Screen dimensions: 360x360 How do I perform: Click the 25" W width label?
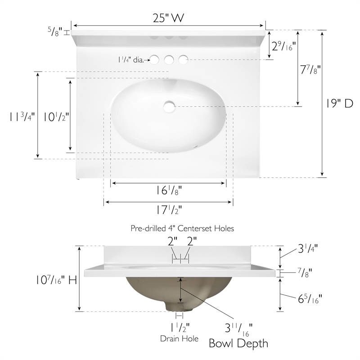(168, 18)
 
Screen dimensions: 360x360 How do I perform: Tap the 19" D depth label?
(340, 103)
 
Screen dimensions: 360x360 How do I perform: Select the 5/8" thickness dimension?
(55, 31)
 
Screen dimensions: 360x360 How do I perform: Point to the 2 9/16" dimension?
(283, 46)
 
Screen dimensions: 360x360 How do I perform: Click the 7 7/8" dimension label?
(310, 69)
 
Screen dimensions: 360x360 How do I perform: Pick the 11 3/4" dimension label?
(22, 117)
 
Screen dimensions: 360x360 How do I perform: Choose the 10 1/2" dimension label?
(56, 117)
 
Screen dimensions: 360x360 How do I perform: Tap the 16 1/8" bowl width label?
(169, 190)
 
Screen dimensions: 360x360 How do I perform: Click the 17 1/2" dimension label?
(169, 210)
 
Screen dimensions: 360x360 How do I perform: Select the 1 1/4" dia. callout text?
(131, 60)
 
